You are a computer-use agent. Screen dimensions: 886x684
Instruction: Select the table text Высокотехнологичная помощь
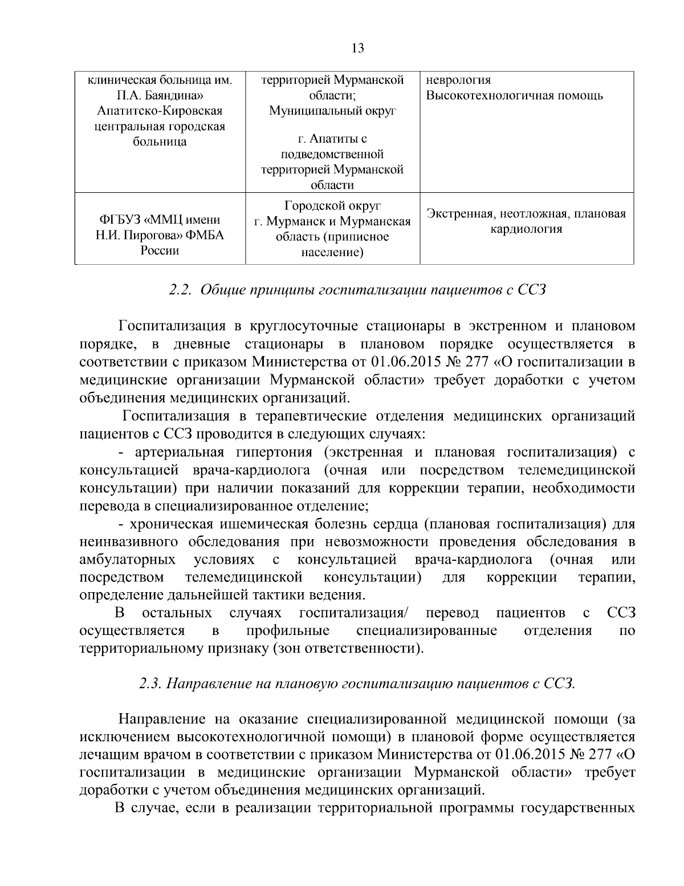point(515,95)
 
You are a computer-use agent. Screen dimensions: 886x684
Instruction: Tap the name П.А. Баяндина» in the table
point(159,95)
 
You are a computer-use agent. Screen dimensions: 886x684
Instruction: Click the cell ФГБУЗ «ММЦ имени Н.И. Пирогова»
point(160,235)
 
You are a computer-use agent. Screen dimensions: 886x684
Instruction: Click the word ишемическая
point(264,524)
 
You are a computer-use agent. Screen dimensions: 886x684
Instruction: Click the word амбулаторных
point(128,559)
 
